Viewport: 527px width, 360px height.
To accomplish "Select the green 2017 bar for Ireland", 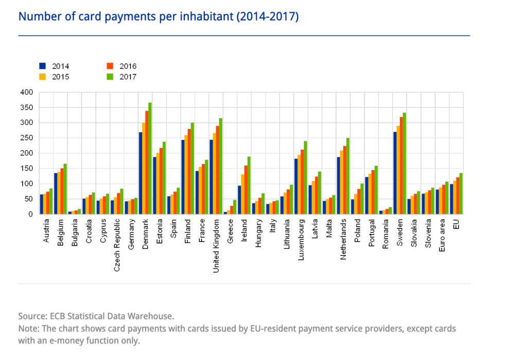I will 249,186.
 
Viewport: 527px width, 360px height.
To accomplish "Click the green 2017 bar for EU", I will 461,194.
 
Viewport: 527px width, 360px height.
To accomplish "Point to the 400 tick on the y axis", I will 27,93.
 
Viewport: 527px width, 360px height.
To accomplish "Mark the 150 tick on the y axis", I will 27,169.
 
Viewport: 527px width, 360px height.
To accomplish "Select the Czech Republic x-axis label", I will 117,242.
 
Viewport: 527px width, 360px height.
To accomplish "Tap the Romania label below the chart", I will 386,235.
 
